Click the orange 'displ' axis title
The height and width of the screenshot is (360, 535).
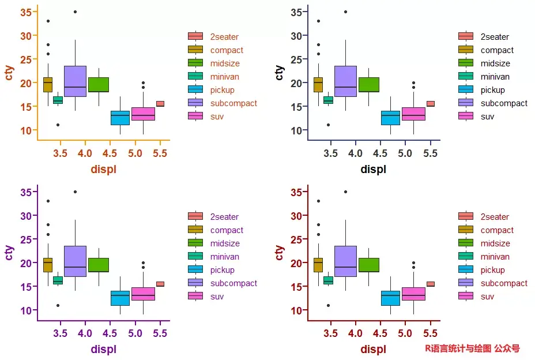pyautogui.click(x=104, y=169)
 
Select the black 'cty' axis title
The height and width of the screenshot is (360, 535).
pyautogui.click(x=280, y=73)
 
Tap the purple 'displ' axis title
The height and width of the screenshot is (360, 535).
pyautogui.click(x=104, y=349)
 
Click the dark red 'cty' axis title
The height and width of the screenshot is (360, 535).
pyautogui.click(x=280, y=253)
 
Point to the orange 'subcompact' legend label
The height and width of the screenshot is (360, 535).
pyautogui.click(x=233, y=103)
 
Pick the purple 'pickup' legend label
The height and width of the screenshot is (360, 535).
pyautogui.click(x=223, y=270)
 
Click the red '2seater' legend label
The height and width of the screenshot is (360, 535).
pyautogui.click(x=495, y=217)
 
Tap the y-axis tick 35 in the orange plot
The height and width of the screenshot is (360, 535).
pyautogui.click(x=26, y=12)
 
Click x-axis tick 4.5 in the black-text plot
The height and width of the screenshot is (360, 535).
pyautogui.click(x=380, y=153)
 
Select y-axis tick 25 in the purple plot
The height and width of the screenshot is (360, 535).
pyautogui.click(x=26, y=239)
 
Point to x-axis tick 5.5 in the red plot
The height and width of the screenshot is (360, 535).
pyautogui.click(x=430, y=333)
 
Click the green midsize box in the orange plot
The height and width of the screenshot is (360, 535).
pyautogui.click(x=99, y=85)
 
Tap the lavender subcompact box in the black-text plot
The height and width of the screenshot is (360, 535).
pyautogui.click(x=345, y=81)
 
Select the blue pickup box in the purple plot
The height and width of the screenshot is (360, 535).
pyautogui.click(x=120, y=298)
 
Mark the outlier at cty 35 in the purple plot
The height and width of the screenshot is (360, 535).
pyautogui.click(x=75, y=192)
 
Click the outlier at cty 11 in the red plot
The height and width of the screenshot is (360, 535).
pyautogui.click(x=328, y=305)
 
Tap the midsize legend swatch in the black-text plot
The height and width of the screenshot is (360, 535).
pyautogui.click(x=466, y=63)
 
